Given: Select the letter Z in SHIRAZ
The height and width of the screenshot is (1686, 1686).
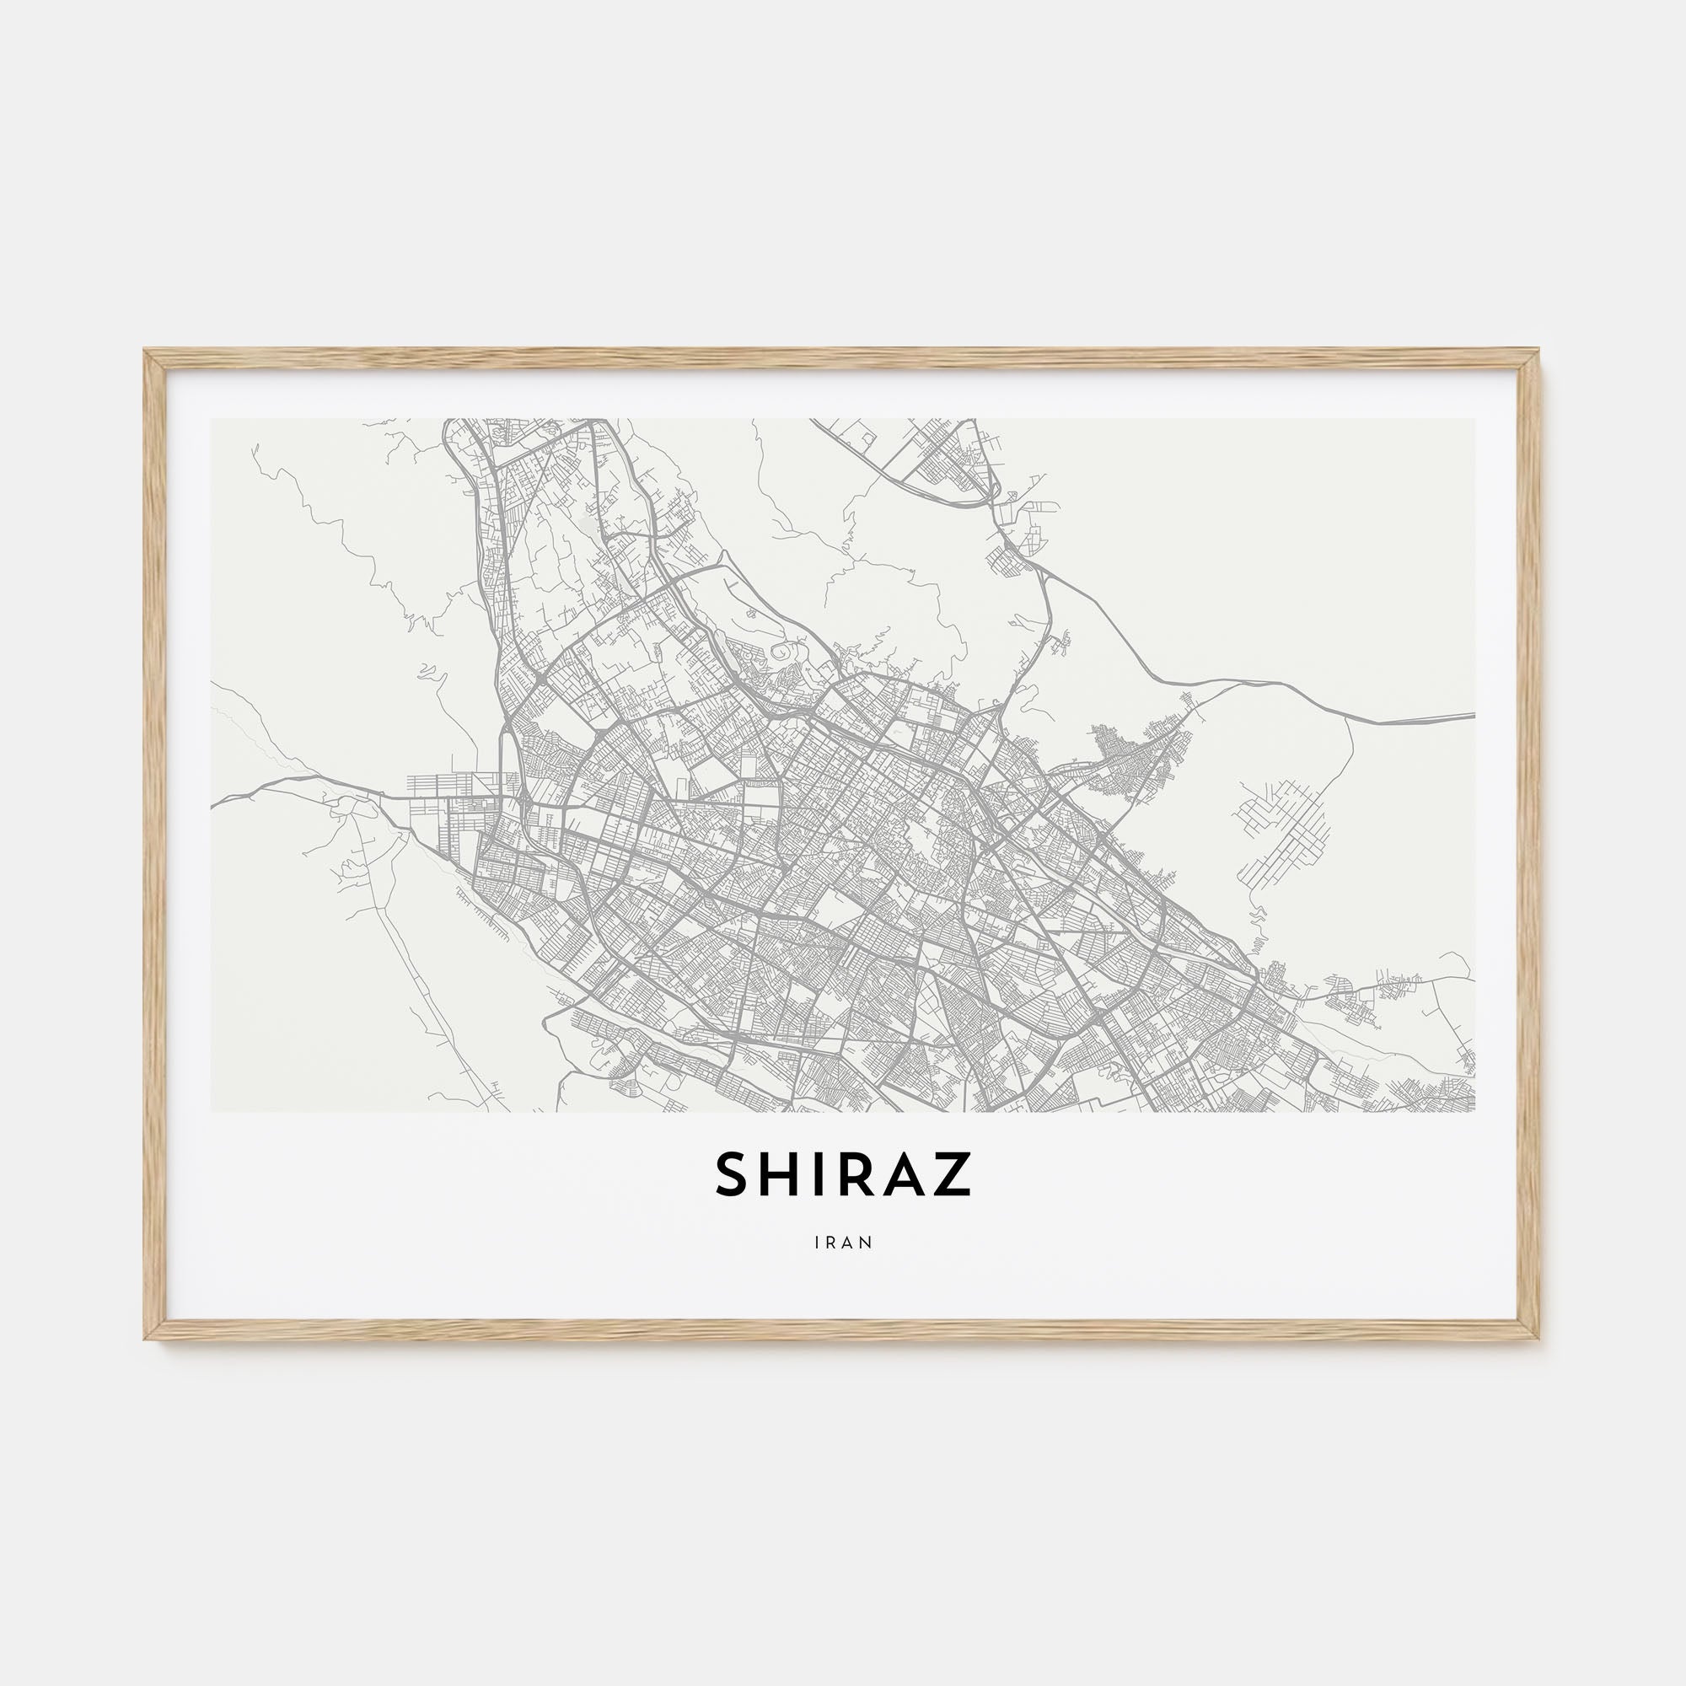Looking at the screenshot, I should pos(953,1174).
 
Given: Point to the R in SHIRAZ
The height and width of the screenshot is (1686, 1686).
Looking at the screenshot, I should pos(855,1174).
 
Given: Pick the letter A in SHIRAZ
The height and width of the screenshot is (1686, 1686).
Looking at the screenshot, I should pos(904,1174).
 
